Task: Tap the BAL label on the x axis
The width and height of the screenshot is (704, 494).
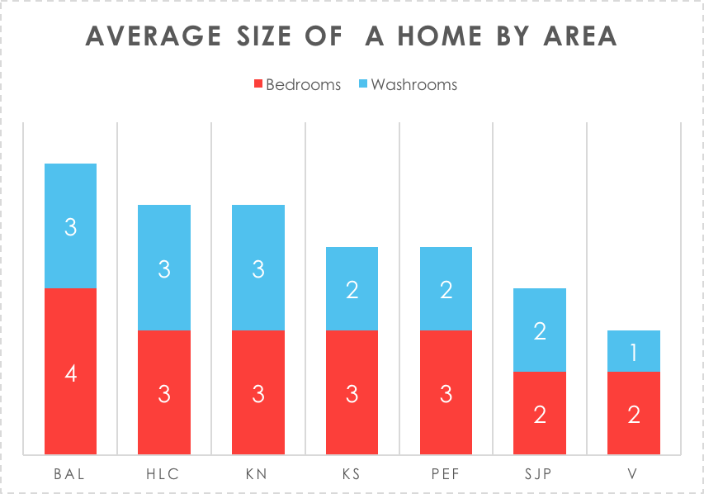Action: coord(70,474)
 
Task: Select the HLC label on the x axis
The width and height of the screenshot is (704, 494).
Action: coord(164,474)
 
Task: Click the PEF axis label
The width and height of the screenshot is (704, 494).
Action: coord(446,474)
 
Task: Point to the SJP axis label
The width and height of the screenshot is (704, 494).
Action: coord(540,474)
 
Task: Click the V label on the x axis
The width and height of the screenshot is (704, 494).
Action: coord(634,474)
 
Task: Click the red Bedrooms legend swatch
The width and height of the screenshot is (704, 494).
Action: coord(258,84)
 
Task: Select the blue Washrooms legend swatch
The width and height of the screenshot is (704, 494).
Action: coord(363,84)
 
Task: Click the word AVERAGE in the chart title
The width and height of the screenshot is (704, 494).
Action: coord(153,36)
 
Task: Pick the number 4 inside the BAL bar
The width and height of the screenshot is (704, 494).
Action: coord(70,373)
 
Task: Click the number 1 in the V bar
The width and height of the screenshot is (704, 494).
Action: coord(634,353)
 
